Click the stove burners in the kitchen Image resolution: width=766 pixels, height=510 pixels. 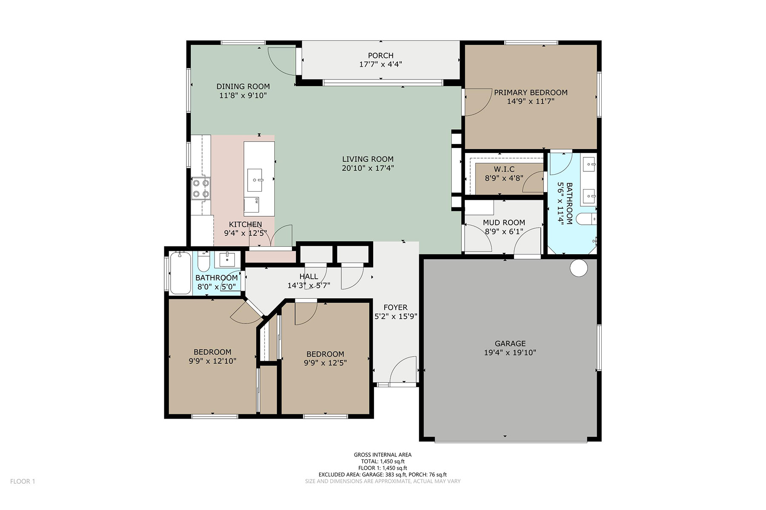click(x=201, y=189)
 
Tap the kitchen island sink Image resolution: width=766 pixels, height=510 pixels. click(x=255, y=180)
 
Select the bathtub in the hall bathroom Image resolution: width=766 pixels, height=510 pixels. click(x=180, y=272)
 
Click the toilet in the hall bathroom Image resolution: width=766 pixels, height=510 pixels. click(x=204, y=261)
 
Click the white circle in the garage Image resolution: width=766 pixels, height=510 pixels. click(x=579, y=268)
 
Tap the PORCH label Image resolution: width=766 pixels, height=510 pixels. click(x=380, y=56)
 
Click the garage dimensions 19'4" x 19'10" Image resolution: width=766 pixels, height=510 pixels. click(x=510, y=352)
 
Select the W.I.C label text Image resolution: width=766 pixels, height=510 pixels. click(x=504, y=169)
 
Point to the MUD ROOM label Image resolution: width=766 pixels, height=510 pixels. click(x=504, y=222)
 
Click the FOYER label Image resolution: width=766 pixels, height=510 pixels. click(x=395, y=307)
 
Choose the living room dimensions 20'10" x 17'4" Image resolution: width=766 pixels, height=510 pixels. click(x=368, y=168)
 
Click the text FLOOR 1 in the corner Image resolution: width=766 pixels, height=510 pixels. click(x=23, y=481)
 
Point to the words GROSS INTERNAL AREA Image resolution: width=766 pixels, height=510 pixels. click(x=383, y=455)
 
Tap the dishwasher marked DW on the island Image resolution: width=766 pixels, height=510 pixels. click(x=251, y=206)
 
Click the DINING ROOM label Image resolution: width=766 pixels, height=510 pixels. click(x=243, y=86)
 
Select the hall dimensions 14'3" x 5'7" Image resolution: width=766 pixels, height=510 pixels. click(x=309, y=286)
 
